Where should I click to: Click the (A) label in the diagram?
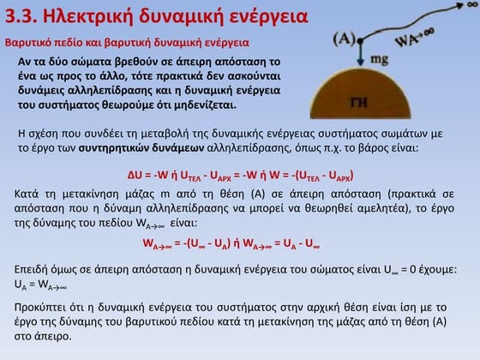point(345,39)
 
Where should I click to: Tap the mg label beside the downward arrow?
point(380,60)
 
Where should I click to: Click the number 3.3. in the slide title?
point(23,15)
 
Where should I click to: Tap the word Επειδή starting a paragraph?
point(33,269)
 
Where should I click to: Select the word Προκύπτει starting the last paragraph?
point(45,306)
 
